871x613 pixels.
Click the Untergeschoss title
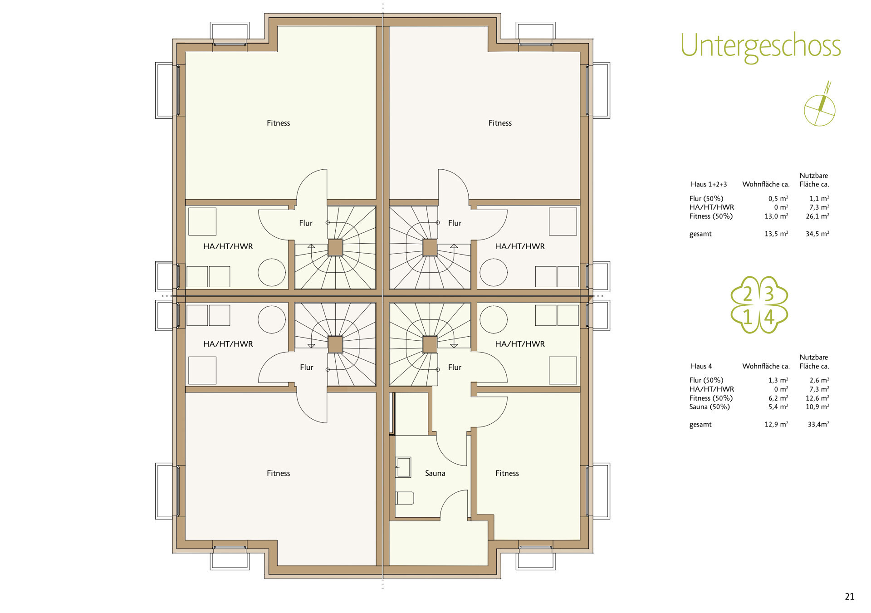(x=760, y=47)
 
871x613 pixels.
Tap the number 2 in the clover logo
(x=747, y=294)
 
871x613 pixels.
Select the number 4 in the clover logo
(x=769, y=317)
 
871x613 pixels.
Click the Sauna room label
(x=435, y=473)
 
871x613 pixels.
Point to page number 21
(x=849, y=597)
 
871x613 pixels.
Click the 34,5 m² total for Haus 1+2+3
(x=817, y=234)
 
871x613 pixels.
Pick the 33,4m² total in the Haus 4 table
(x=818, y=425)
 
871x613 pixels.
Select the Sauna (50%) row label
(x=709, y=407)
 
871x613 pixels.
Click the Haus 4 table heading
(x=701, y=366)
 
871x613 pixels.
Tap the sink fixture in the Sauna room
(x=403, y=467)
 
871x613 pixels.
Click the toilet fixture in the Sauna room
(x=405, y=498)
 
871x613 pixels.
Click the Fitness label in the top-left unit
(x=278, y=123)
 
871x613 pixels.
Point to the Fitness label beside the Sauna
(x=507, y=473)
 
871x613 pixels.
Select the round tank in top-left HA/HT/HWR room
(x=271, y=272)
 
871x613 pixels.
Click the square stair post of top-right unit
(x=430, y=248)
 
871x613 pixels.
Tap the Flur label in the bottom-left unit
(x=306, y=368)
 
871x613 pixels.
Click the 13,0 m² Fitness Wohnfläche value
(x=776, y=216)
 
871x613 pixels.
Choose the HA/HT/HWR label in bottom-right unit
(x=519, y=344)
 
